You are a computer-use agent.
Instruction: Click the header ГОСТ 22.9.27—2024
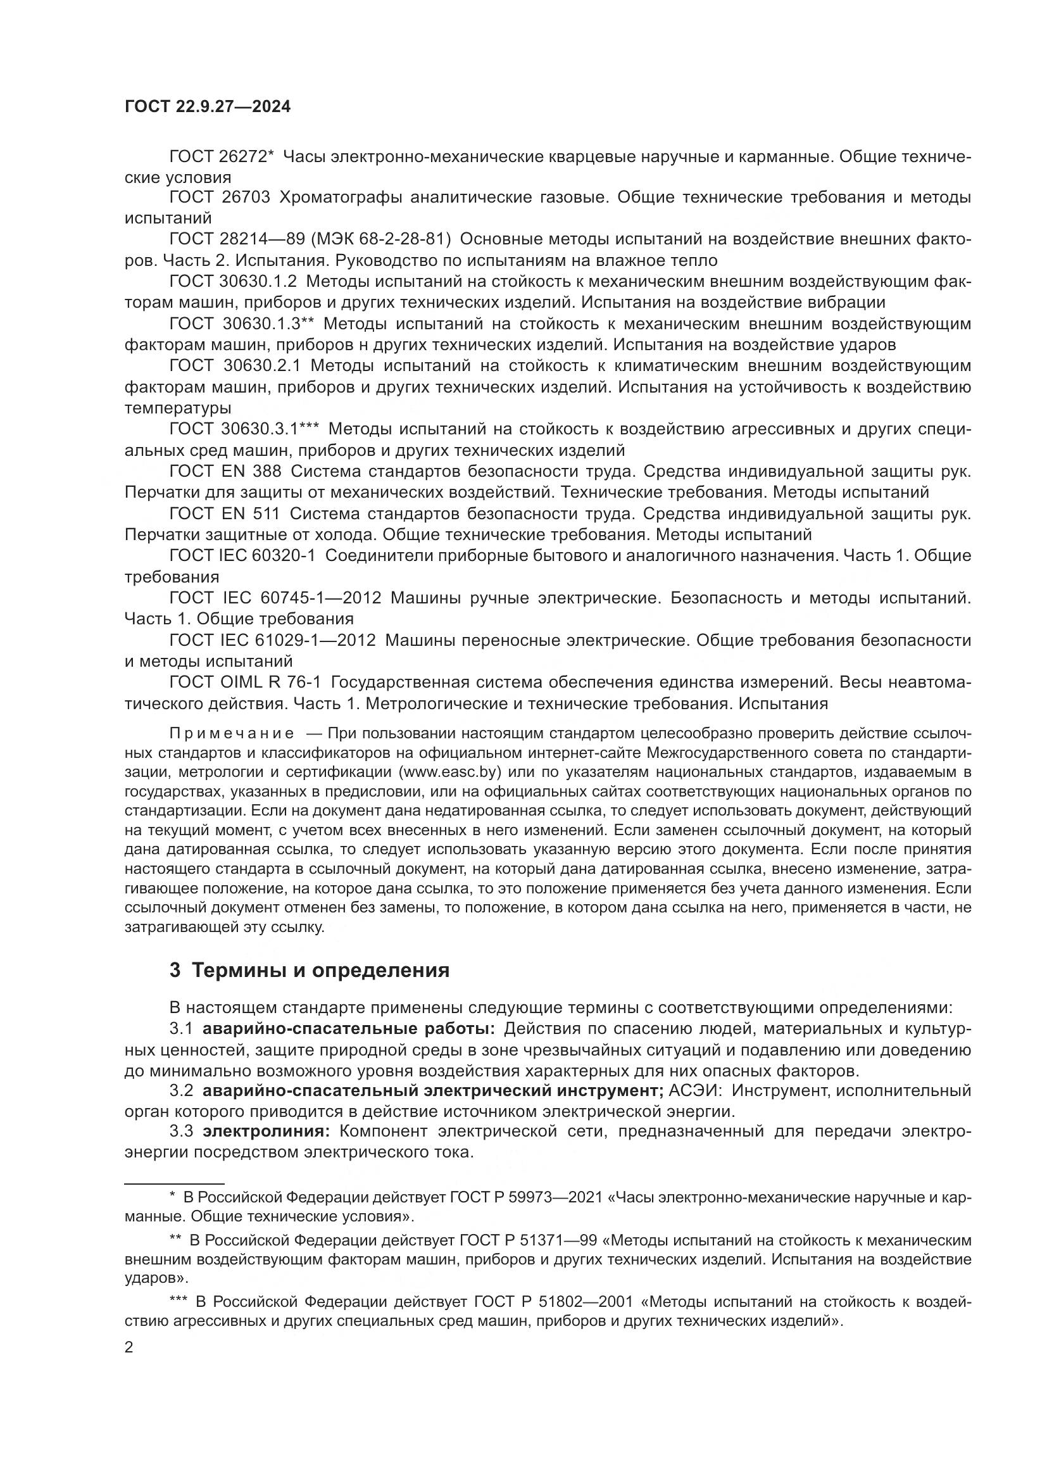[208, 107]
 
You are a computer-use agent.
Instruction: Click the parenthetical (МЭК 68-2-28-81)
[381, 239]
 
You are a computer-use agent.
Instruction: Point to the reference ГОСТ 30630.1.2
[233, 281]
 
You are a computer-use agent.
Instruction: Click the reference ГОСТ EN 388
[225, 472]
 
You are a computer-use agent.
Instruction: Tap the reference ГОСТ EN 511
[224, 514]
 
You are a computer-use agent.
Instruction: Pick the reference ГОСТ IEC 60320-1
[242, 555]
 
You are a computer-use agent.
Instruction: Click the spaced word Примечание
[232, 733]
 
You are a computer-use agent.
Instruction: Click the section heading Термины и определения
[320, 969]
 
